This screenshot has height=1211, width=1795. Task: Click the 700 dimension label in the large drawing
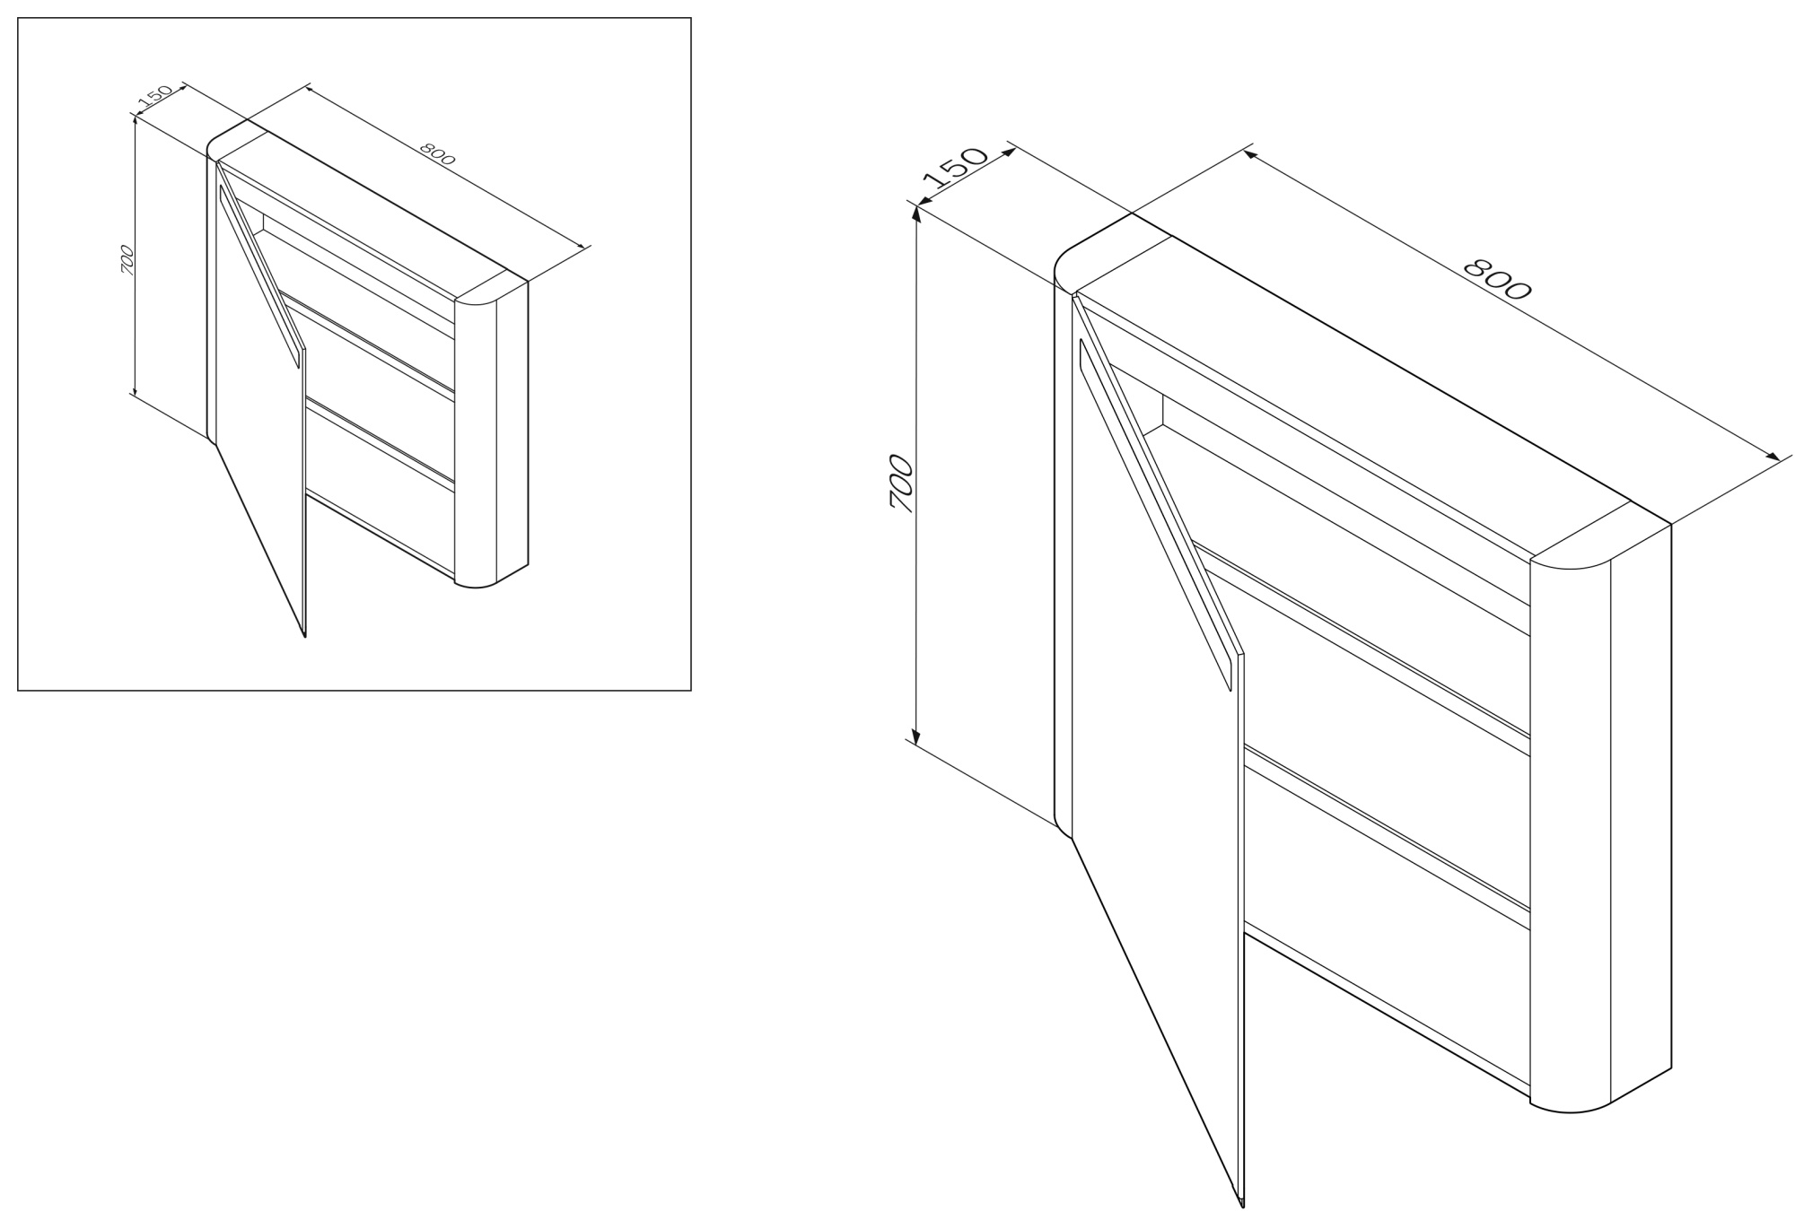901,484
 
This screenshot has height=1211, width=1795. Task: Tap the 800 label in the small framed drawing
438,154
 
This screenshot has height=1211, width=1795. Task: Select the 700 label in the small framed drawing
127,260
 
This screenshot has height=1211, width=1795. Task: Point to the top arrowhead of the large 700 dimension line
916,212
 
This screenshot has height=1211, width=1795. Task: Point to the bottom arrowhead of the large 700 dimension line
916,736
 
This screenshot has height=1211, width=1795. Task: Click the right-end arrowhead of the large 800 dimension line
1773,456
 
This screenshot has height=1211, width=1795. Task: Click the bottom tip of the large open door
1242,1207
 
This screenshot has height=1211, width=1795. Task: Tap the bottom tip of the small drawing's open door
305,636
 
